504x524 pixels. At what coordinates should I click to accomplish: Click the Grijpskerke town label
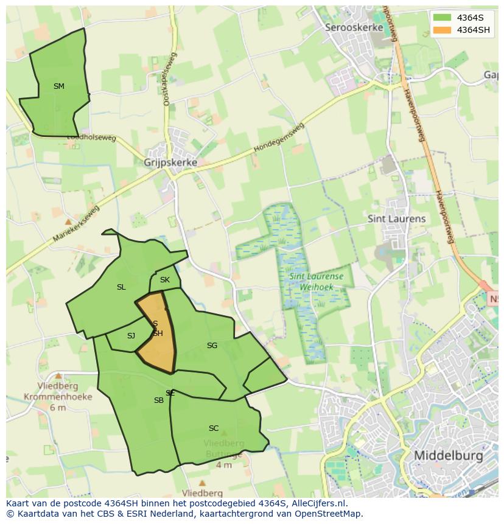click(x=170, y=163)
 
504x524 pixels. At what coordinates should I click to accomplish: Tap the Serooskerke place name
click(x=354, y=27)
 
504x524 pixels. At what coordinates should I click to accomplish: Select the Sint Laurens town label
click(x=396, y=218)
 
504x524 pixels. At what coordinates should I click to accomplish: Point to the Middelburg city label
click(x=448, y=455)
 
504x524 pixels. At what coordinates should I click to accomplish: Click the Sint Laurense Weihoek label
click(x=316, y=281)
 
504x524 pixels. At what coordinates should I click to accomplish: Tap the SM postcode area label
click(x=59, y=86)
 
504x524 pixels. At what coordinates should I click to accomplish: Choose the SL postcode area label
click(x=121, y=287)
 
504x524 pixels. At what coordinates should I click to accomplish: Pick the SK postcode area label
click(x=165, y=280)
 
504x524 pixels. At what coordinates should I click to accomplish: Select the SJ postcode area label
click(x=131, y=336)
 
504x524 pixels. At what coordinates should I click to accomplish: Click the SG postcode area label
click(x=212, y=346)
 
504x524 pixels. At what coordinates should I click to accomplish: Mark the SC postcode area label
click(x=214, y=428)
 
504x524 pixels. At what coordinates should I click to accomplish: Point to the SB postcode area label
click(x=159, y=400)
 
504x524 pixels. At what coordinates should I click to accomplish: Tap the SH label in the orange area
click(x=158, y=334)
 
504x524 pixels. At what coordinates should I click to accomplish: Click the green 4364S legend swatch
click(x=442, y=18)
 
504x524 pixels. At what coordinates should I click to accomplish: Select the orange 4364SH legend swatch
click(x=442, y=30)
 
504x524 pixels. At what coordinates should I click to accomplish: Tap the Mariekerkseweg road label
click(x=75, y=225)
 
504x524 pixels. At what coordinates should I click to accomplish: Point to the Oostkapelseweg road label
click(x=169, y=79)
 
